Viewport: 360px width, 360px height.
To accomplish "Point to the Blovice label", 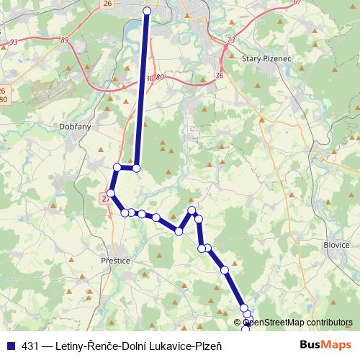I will click(336, 244).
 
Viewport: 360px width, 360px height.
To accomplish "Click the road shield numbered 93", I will click(14, 42).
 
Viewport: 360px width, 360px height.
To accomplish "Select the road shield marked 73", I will click(230, 41).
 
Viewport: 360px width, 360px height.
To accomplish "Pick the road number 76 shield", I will click(219, 76).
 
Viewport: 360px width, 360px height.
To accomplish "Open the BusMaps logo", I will click(325, 345).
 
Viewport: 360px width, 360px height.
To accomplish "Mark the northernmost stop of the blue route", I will click(147, 11).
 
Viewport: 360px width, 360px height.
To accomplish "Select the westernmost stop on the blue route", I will click(111, 193).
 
